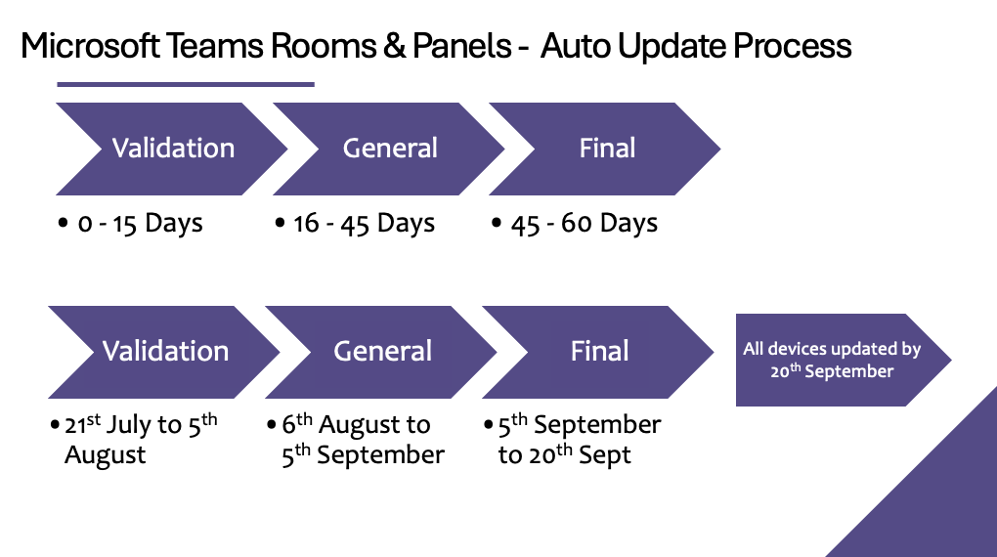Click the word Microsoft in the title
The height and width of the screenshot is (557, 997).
[90, 46]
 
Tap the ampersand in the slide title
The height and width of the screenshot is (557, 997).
[394, 46]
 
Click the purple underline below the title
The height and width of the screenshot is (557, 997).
[186, 84]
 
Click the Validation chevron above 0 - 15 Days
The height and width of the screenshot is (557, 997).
[172, 149]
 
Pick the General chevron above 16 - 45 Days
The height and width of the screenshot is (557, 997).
[388, 149]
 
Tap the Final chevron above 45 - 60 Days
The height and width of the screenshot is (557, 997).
[605, 149]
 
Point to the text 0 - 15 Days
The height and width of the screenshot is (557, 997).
[140, 223]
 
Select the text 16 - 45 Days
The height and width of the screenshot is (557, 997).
[364, 223]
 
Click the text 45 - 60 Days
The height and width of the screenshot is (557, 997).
[584, 223]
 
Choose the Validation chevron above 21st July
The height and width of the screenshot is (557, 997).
[164, 352]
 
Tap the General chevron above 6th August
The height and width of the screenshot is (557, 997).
[381, 352]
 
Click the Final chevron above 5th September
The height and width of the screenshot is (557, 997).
[597, 352]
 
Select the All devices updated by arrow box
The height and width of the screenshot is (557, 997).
[844, 360]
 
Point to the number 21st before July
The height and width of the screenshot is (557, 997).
[83, 423]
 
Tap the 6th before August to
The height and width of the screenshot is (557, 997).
[297, 423]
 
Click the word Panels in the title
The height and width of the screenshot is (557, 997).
[461, 46]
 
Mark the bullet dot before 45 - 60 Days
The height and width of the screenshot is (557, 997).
[497, 223]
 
